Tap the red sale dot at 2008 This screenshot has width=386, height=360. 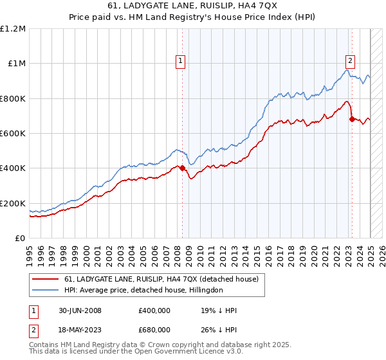tap(182, 168)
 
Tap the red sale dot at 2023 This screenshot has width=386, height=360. tap(351, 119)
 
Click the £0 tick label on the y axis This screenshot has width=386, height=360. tap(20, 239)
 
